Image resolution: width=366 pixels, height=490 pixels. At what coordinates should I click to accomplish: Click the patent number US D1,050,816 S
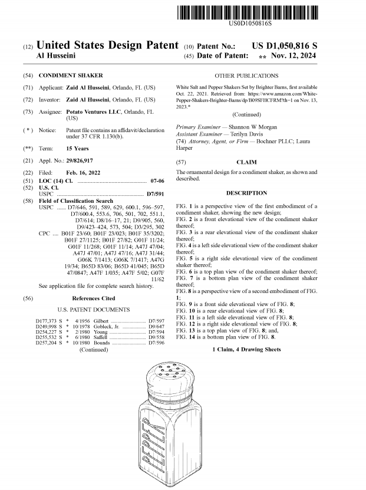coord(284,45)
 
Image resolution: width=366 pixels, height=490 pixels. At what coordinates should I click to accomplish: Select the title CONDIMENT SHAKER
coord(71,76)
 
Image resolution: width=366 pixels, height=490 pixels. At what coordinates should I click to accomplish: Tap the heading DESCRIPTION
coord(246,193)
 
